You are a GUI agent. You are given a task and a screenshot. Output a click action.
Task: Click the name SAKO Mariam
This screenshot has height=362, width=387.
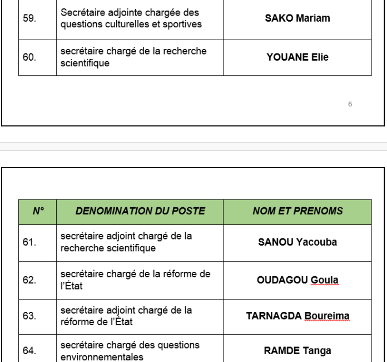(x=297, y=18)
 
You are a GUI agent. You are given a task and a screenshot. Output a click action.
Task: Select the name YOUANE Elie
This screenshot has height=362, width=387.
(x=297, y=57)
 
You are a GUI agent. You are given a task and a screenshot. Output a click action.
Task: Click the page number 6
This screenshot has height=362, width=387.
(x=350, y=104)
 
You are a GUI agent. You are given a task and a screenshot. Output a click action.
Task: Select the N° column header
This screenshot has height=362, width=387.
(x=37, y=211)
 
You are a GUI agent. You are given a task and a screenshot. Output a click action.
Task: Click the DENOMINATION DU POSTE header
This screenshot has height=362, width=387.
(x=140, y=211)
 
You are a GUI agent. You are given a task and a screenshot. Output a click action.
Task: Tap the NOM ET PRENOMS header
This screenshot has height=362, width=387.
(x=297, y=211)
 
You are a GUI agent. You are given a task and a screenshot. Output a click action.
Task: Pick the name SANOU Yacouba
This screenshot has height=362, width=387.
(x=297, y=242)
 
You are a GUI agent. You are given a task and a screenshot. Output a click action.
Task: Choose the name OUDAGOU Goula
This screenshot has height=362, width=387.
(x=297, y=280)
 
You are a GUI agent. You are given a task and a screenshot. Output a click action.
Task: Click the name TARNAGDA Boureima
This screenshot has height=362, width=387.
(x=297, y=316)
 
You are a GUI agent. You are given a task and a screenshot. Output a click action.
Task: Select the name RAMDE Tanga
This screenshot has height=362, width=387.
(x=297, y=350)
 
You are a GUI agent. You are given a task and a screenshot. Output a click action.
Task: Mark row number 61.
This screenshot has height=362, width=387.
(x=28, y=242)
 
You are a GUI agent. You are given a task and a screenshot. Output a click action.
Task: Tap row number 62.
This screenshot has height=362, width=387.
(x=28, y=280)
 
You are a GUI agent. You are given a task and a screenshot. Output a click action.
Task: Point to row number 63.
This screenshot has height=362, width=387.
(x=28, y=316)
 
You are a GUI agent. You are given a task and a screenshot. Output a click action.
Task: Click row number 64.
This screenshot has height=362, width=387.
(x=28, y=350)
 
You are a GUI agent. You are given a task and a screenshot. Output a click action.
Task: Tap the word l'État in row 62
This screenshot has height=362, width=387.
(x=71, y=285)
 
